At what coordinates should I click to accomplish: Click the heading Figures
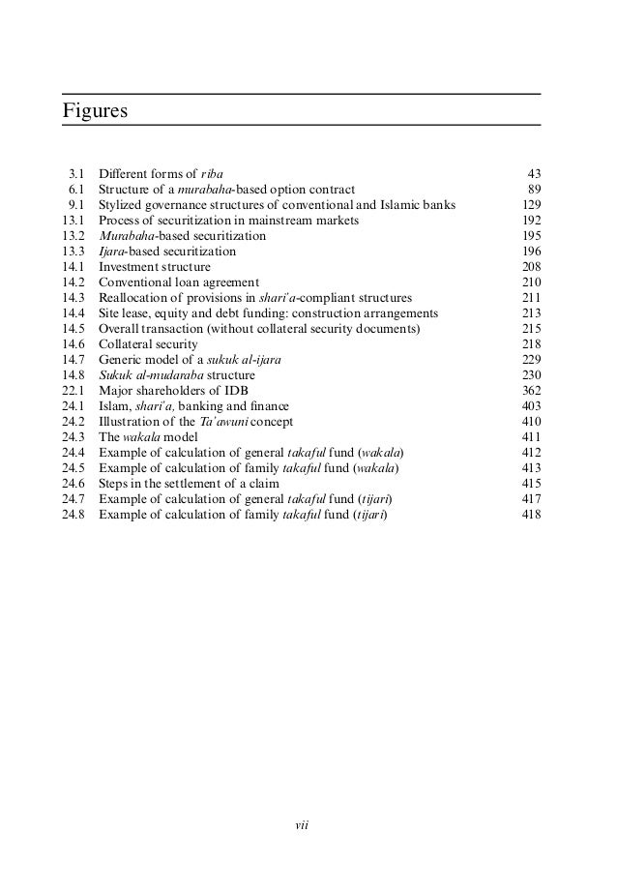point(95,110)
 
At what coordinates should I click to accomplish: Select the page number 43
point(533,173)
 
